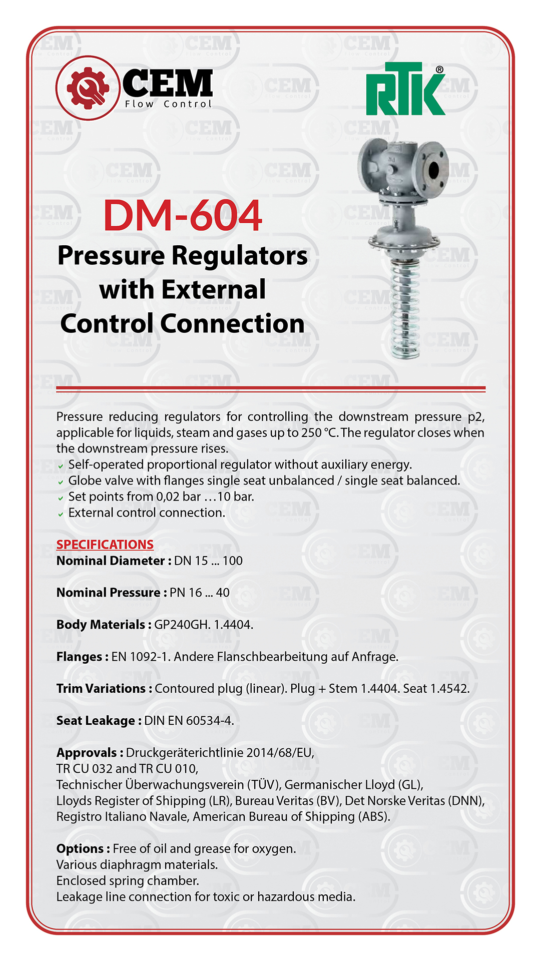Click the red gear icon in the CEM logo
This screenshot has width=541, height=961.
point(88,88)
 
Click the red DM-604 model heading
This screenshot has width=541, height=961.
point(183,216)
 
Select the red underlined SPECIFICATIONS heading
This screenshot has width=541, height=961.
point(105,545)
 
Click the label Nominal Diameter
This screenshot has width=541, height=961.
point(110,561)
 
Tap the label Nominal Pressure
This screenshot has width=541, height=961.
point(108,593)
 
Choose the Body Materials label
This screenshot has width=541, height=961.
point(101,625)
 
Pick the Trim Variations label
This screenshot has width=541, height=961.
point(101,689)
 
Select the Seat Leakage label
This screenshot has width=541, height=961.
point(95,721)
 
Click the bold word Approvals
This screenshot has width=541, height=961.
point(87,753)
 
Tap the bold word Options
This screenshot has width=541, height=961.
point(80,849)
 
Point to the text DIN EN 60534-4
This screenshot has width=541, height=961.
point(189,721)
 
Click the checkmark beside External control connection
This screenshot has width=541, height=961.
point(61,514)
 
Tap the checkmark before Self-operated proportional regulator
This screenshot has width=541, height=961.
point(61,466)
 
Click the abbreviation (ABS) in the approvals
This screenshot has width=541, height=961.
point(373,817)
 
